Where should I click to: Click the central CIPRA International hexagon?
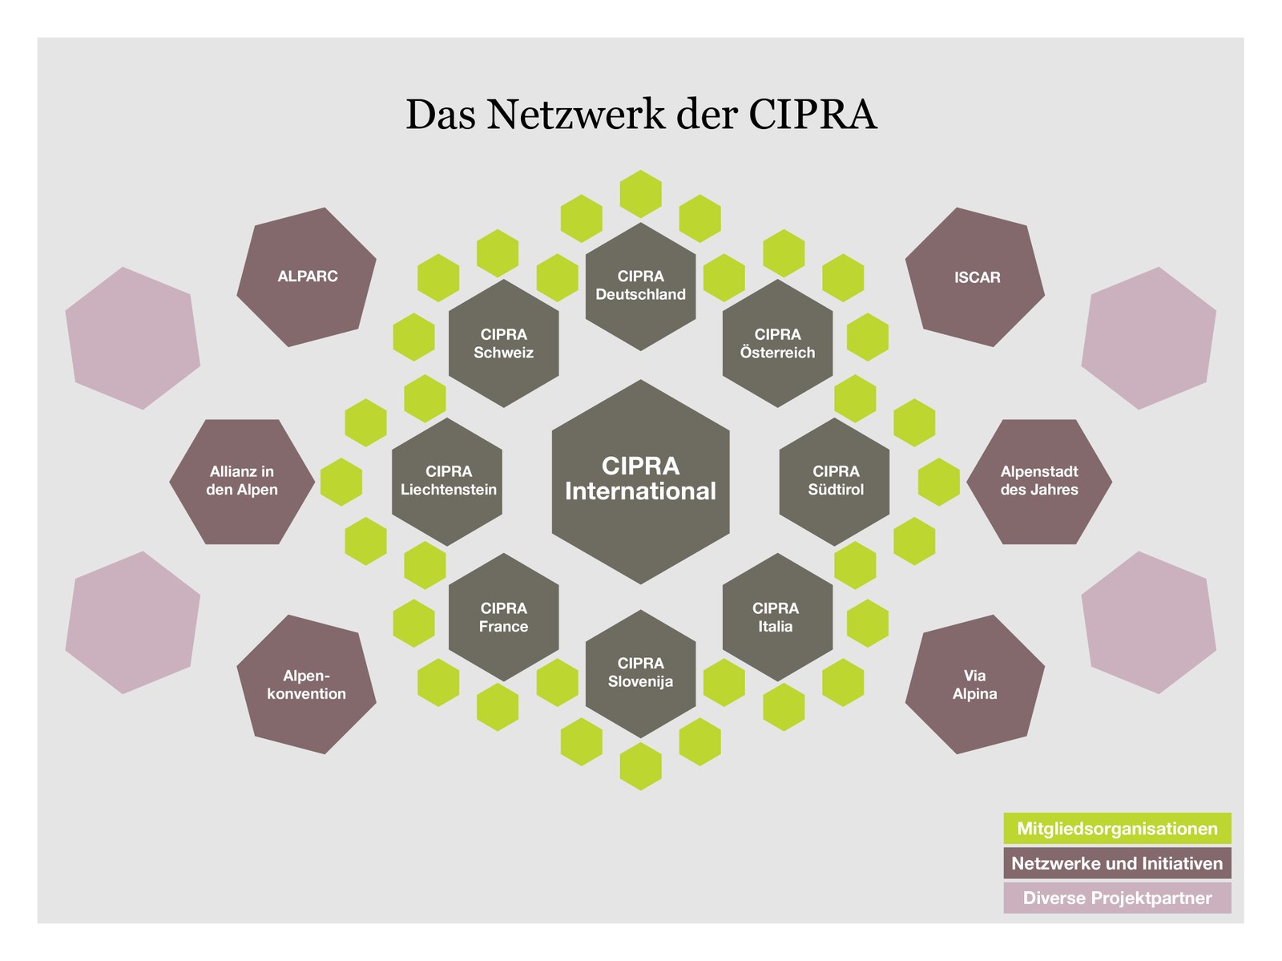(640, 482)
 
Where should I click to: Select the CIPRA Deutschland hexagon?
(640, 286)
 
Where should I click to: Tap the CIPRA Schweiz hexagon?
(503, 343)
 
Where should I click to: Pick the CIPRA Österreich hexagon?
(777, 343)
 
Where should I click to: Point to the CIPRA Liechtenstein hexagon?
(447, 482)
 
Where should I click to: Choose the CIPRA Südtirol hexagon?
(834, 482)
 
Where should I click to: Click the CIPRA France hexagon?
(503, 617)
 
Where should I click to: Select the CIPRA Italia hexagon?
(777, 617)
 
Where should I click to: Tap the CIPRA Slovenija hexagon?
(640, 673)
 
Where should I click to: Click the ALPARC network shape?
(307, 277)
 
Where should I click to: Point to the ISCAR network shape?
(975, 277)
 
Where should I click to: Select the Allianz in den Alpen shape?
(242, 482)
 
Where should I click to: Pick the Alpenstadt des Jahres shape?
(1039, 482)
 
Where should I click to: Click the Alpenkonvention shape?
(307, 684)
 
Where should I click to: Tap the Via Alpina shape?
(975, 684)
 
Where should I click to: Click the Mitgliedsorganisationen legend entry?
(1117, 829)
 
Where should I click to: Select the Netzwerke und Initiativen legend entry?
(1117, 863)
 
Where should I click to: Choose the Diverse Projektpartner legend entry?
(1117, 898)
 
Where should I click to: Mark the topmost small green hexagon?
(640, 193)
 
